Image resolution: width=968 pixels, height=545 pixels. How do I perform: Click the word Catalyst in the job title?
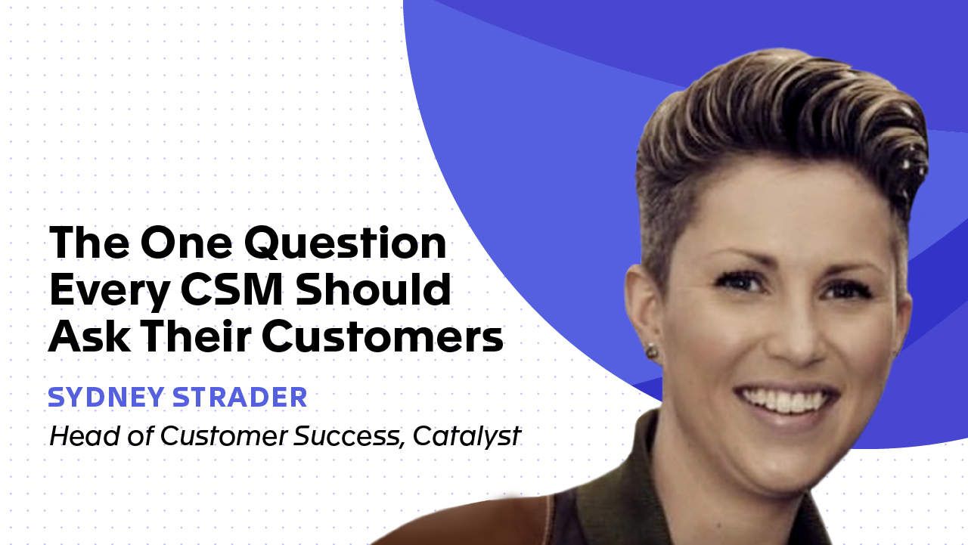click(467, 436)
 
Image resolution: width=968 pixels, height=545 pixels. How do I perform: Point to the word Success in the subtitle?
click(352, 436)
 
